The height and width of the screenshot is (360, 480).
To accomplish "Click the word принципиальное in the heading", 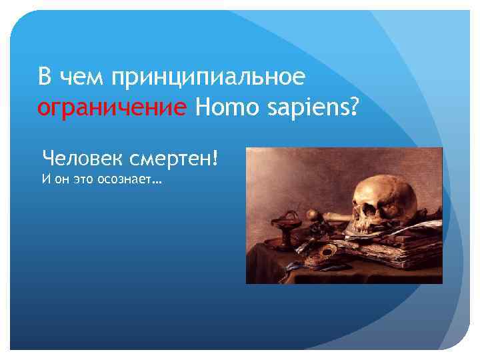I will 208,77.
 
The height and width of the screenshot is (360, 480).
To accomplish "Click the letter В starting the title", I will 45,77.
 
